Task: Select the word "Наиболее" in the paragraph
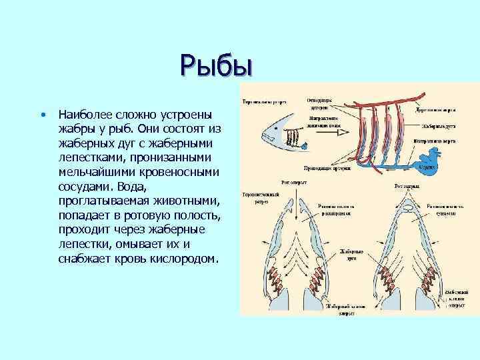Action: [x=85, y=114]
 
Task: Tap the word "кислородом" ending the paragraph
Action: [x=181, y=258]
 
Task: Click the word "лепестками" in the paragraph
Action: [x=88, y=157]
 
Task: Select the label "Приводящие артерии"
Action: [x=324, y=170]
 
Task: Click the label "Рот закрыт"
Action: [x=406, y=183]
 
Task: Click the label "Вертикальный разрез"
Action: [x=264, y=103]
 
